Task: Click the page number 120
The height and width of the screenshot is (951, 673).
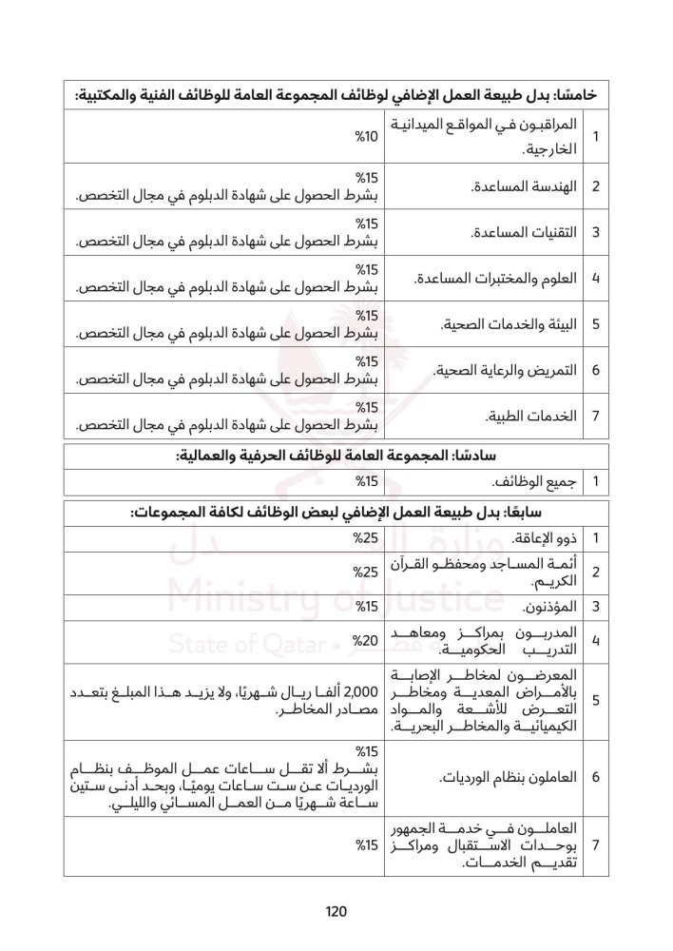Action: pos(336,911)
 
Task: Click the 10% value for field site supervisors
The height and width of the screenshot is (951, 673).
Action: pos(367,137)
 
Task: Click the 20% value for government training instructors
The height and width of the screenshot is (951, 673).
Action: pos(367,640)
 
